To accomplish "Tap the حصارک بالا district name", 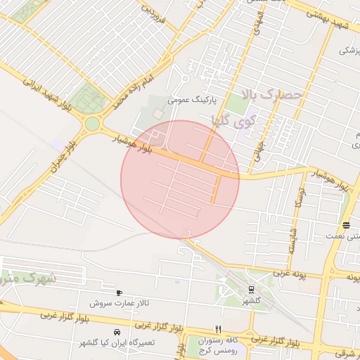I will (x=270, y=94).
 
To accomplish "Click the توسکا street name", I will (x=298, y=205).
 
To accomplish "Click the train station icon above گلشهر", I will (x=251, y=290).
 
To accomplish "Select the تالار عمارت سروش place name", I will (x=120, y=304).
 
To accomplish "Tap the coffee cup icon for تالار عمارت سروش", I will (x=120, y=292).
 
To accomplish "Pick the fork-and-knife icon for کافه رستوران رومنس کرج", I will (x=219, y=328).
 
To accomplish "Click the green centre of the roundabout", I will (x=92, y=125).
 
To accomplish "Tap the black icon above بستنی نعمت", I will (x=347, y=225).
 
